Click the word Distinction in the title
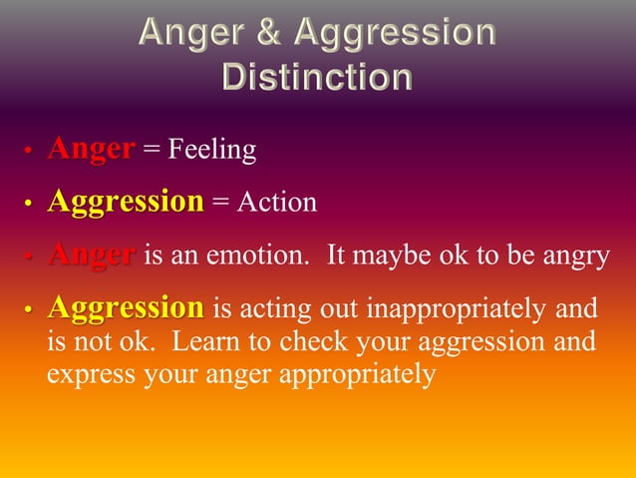click(317, 77)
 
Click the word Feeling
click(211, 151)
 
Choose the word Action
click(278, 204)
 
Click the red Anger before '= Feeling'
click(91, 150)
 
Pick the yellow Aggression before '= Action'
click(125, 203)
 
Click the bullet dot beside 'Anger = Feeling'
click(29, 152)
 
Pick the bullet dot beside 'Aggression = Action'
click(29, 205)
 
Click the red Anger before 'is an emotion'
click(91, 255)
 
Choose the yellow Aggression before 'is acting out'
click(125, 308)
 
